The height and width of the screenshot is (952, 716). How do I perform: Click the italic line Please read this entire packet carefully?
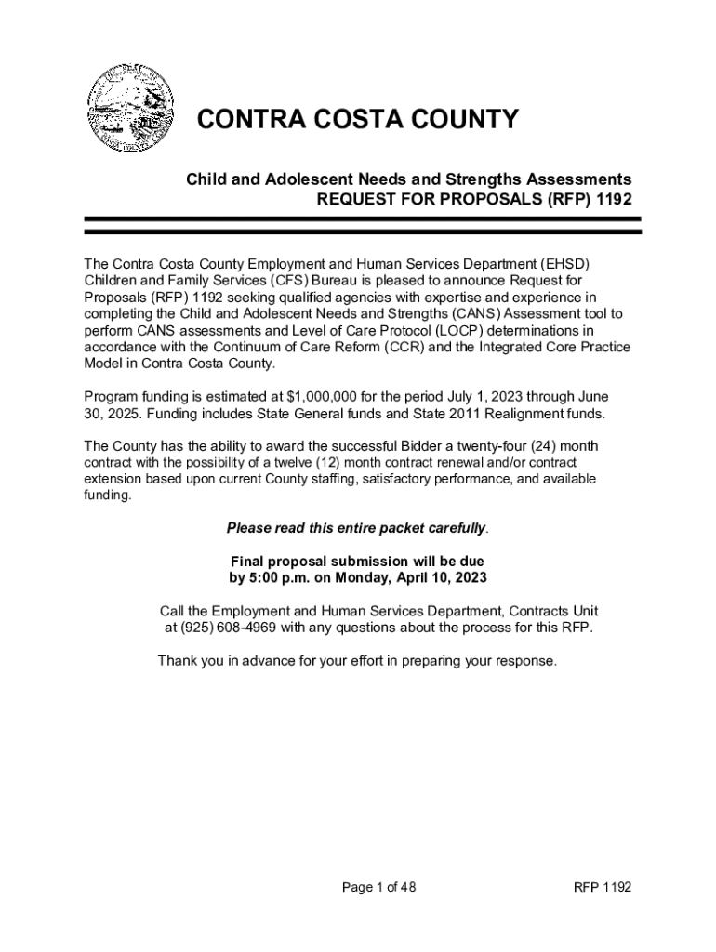coord(357,528)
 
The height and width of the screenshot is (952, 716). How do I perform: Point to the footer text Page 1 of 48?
coord(378,887)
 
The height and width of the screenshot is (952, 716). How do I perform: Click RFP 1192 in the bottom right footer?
coord(603,887)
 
